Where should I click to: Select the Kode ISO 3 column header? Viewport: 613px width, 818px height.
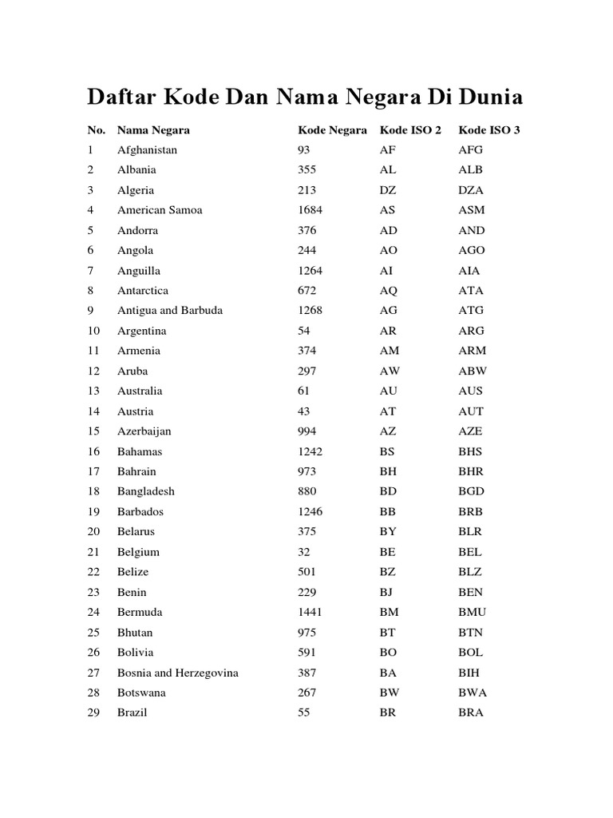pyautogui.click(x=489, y=129)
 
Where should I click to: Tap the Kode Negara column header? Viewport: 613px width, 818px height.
pyautogui.click(x=332, y=129)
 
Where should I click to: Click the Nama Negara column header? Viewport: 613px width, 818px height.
pyautogui.click(x=153, y=129)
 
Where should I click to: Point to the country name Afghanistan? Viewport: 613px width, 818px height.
pyautogui.click(x=147, y=150)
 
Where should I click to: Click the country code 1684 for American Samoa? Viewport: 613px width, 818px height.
pyautogui.click(x=310, y=210)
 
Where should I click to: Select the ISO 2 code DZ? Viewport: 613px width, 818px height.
pyautogui.click(x=388, y=190)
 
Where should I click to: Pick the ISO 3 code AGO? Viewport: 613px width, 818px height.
pyautogui.click(x=472, y=250)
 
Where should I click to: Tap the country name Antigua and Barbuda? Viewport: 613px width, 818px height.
pyautogui.click(x=170, y=311)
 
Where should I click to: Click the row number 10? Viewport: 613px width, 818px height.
pyautogui.click(x=94, y=331)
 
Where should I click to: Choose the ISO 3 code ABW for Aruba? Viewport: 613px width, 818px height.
pyautogui.click(x=473, y=371)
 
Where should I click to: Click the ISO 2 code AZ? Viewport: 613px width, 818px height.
pyautogui.click(x=388, y=431)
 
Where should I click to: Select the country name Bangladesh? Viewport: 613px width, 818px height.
pyautogui.click(x=145, y=491)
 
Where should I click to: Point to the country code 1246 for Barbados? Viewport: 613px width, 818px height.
pyautogui.click(x=310, y=511)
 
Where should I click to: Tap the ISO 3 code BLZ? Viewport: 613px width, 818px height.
pyautogui.click(x=470, y=572)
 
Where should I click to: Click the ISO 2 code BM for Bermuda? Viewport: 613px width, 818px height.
pyautogui.click(x=389, y=612)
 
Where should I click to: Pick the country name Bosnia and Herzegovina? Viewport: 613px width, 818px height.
pyautogui.click(x=177, y=673)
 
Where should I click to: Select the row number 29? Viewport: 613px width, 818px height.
pyautogui.click(x=94, y=713)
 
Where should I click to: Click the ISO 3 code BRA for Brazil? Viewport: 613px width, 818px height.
pyautogui.click(x=471, y=713)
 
